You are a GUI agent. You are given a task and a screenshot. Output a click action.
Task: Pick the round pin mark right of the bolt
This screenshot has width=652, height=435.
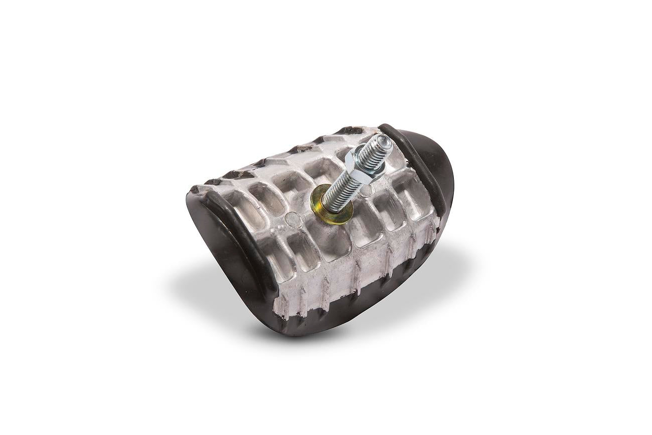point(367,191)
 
